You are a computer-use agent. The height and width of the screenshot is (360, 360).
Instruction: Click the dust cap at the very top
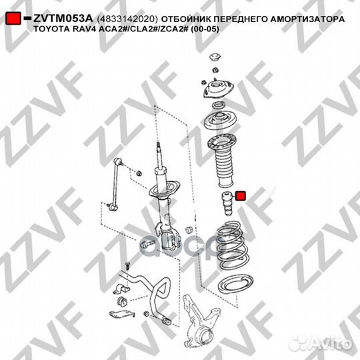215,59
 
